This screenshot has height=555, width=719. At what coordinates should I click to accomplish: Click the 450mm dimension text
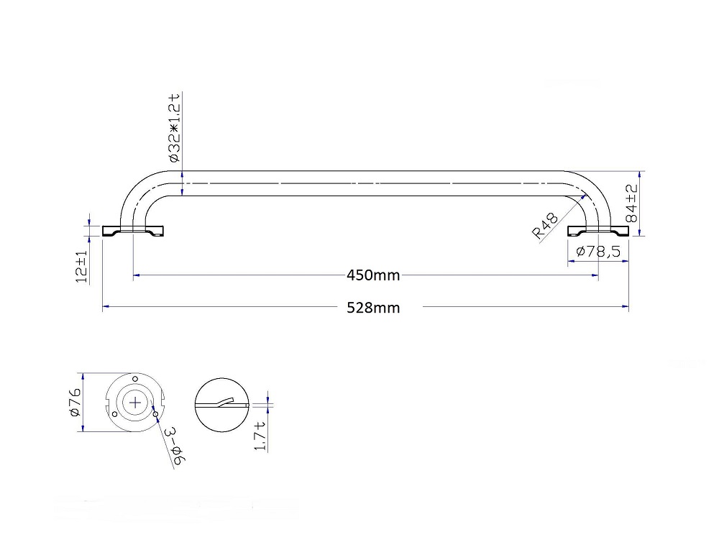pos(372,275)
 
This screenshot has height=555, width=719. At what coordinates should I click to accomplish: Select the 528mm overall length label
pos(372,308)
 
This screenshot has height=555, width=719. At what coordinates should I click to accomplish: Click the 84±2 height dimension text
pos(631,203)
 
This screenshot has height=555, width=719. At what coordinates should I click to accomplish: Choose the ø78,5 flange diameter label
pos(599,251)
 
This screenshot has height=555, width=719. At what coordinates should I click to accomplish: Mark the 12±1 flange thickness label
pos(81,267)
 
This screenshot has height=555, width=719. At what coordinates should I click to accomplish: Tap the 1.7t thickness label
pos(260,436)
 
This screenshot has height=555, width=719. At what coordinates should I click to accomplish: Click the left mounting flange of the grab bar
pos(134,231)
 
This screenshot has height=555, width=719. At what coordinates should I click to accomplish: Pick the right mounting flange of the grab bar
pos(598,231)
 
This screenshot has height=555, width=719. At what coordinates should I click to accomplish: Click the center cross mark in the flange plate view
pos(135,403)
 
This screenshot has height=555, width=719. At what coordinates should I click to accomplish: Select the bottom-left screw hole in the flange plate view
pos(114,414)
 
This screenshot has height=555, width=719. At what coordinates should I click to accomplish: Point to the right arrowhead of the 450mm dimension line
pos(595,275)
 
